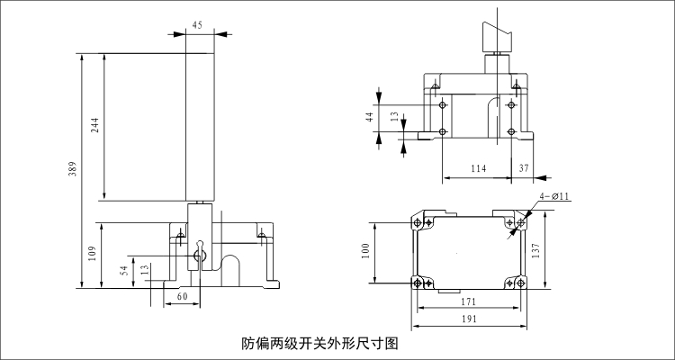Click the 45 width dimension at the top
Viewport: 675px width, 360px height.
[x=197, y=24]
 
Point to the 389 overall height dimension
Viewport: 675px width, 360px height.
[x=73, y=169]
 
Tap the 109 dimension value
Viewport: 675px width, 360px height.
[x=92, y=255]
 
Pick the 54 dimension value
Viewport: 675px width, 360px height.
[x=124, y=270]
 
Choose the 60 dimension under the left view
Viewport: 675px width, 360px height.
[x=181, y=296]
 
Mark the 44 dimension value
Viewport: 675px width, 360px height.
[x=370, y=116]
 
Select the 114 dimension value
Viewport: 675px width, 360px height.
[x=478, y=168]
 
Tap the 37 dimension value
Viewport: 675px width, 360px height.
[x=525, y=168]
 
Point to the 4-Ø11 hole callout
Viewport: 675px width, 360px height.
[x=555, y=195]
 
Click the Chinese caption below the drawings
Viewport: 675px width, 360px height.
[x=319, y=343]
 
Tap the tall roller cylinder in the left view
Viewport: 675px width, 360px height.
[x=199, y=126]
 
